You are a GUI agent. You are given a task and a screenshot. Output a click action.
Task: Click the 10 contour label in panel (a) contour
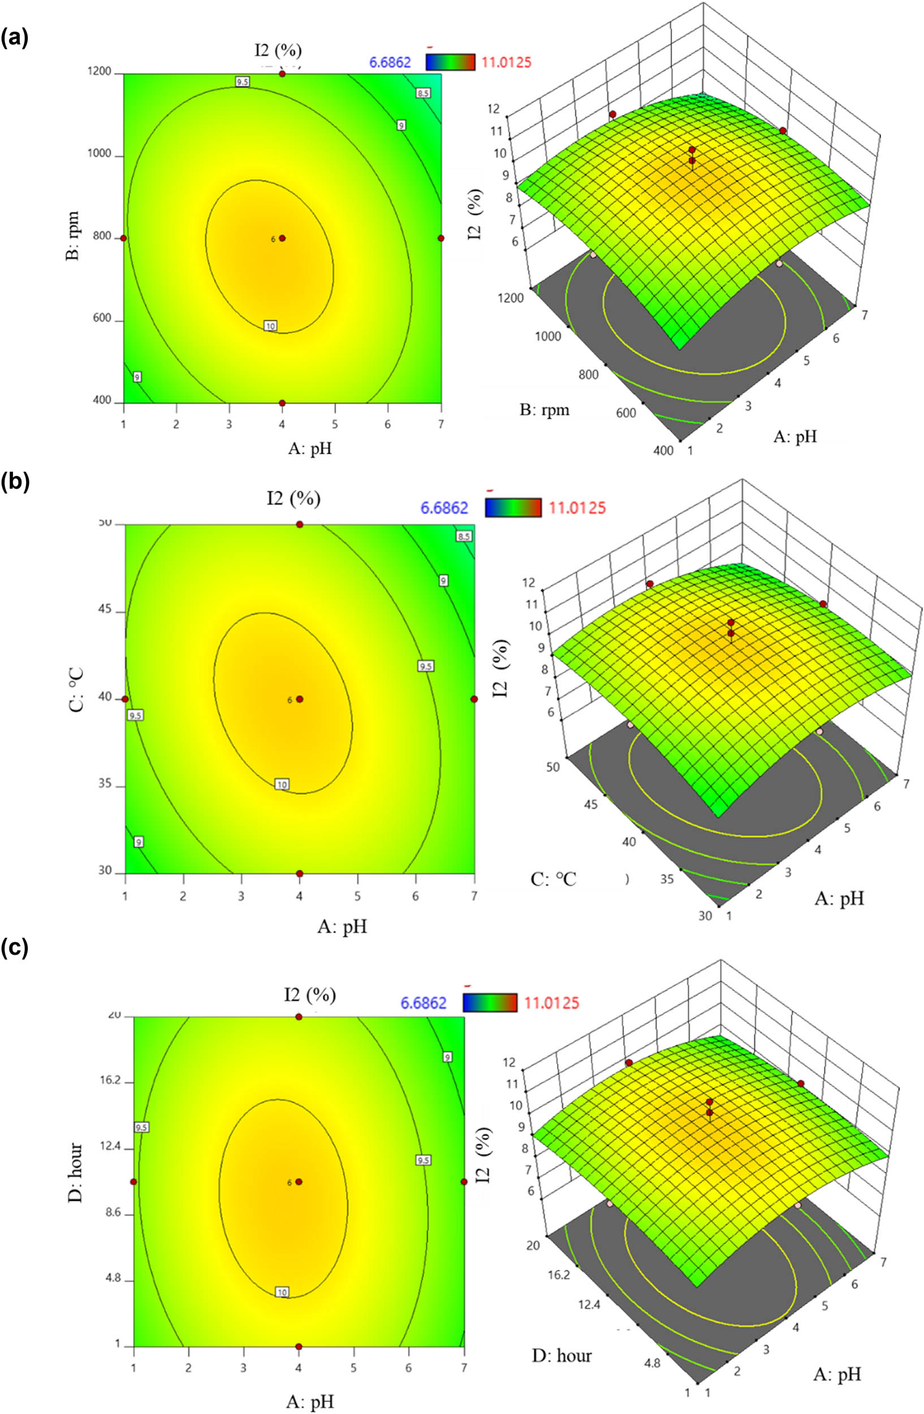coord(270,326)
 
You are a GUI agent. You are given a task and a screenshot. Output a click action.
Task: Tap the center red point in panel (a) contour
coord(282,238)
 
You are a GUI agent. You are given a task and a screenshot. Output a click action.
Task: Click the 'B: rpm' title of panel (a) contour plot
coord(74,239)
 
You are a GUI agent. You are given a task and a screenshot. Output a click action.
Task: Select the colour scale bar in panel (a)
coord(451,62)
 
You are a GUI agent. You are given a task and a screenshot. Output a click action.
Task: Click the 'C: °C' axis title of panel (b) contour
coord(76,699)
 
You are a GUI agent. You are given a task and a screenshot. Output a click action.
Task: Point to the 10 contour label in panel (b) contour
coord(282,785)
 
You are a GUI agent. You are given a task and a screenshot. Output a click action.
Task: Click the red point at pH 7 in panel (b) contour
coord(474,699)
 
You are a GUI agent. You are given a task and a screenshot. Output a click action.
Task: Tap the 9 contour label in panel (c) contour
coord(448,1057)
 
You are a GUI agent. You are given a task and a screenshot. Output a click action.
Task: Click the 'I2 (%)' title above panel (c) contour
coord(310,994)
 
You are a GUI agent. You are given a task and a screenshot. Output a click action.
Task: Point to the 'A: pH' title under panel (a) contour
coord(309,448)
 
